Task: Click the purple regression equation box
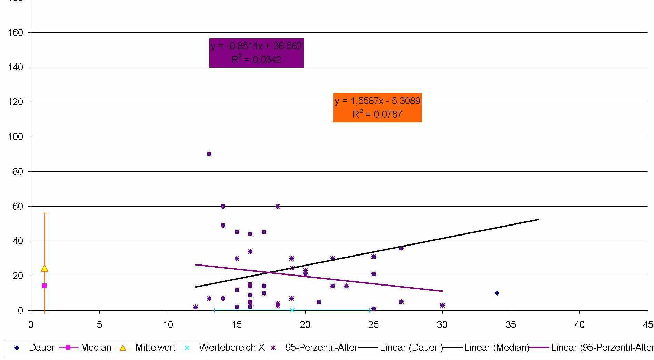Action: [x=256, y=53]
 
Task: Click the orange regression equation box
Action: [x=377, y=108]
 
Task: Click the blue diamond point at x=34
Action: [x=497, y=293]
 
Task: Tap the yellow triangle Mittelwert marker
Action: [x=44, y=268]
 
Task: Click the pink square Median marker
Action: [x=44, y=286]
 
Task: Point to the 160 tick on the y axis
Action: [x=16, y=33]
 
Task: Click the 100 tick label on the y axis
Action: [x=16, y=137]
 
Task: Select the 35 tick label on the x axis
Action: [x=511, y=325]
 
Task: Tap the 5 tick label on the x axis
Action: [x=99, y=325]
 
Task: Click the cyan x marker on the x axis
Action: [x=293, y=310]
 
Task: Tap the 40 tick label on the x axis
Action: [x=579, y=325]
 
